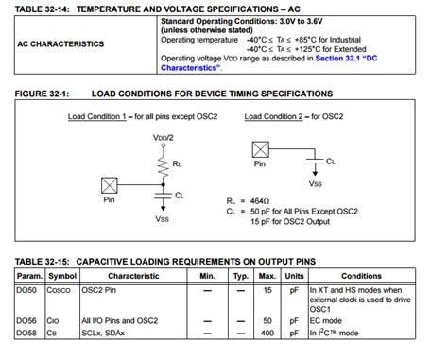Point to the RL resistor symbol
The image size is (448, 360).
coord(159,164)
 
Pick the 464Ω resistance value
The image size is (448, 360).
coord(260,201)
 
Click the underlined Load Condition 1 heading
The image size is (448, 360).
coord(104,116)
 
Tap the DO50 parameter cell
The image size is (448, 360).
coord(28,290)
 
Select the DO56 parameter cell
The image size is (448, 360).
coord(28,320)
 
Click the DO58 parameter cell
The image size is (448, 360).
coord(28,332)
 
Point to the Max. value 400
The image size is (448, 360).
coord(267,332)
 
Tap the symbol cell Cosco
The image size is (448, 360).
coord(61,290)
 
